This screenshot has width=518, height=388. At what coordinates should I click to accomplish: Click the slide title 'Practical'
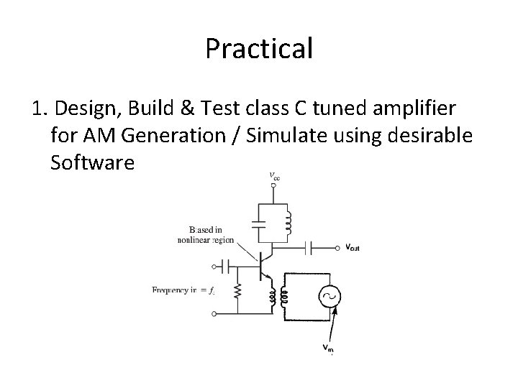point(259,48)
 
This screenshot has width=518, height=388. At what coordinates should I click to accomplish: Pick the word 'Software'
point(93,163)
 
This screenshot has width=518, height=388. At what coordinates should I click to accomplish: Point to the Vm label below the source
point(328,348)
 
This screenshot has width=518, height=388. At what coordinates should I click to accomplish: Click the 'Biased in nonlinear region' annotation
point(206,235)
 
